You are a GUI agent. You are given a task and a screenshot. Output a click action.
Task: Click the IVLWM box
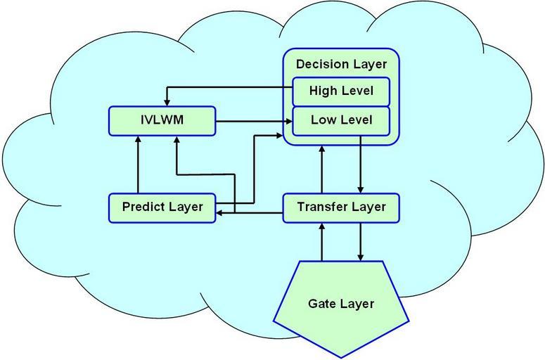point(162,121)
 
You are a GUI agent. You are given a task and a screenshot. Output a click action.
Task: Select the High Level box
point(341,91)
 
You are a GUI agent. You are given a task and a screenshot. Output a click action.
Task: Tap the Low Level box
point(341,120)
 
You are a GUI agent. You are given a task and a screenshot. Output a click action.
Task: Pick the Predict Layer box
point(162,207)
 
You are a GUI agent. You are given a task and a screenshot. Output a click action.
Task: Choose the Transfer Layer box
point(341,207)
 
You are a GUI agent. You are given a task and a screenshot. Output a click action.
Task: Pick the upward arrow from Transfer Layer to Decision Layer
point(322,169)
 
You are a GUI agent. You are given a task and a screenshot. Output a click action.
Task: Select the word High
point(323,91)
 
